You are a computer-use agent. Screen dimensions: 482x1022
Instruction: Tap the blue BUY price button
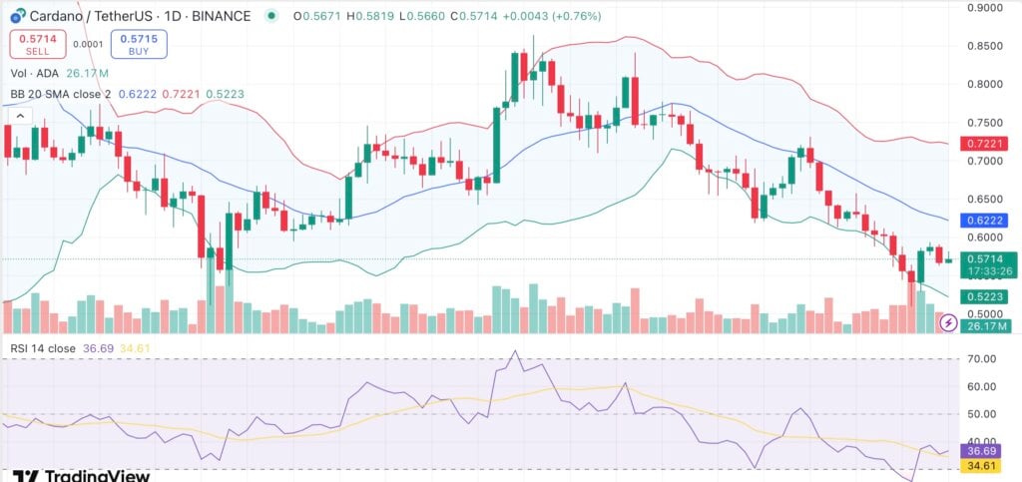[x=139, y=43]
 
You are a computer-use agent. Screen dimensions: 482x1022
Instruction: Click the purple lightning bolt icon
[x=948, y=322]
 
